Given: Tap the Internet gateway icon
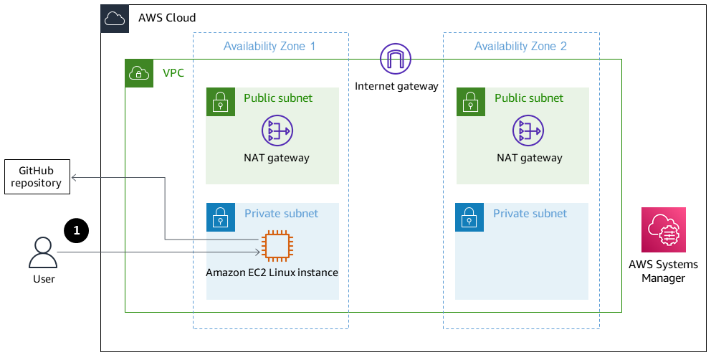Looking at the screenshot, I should pos(396,59).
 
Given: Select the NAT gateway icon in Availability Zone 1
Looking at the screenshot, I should pos(277,131).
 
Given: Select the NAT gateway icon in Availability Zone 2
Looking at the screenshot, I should pos(528,131).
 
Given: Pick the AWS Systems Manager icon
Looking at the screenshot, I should pos(663,229).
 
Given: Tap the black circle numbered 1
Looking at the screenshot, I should pos(76,230).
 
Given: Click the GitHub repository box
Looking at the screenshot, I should pos(37,176).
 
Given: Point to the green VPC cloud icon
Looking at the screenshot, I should pos(139,73).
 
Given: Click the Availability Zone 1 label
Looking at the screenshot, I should pos(269,47).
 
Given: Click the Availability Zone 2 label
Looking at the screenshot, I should pos(520,47).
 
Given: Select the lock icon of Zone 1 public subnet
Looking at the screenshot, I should pos(220,102).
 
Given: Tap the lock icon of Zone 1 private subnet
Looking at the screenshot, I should pos(220,217).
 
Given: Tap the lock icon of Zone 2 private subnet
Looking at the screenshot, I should pos(469,217).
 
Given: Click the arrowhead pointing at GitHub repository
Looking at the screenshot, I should pos(75,176).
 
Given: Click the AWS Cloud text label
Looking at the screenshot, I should pos(166,18).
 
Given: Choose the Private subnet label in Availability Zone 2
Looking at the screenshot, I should pos(530,214).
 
